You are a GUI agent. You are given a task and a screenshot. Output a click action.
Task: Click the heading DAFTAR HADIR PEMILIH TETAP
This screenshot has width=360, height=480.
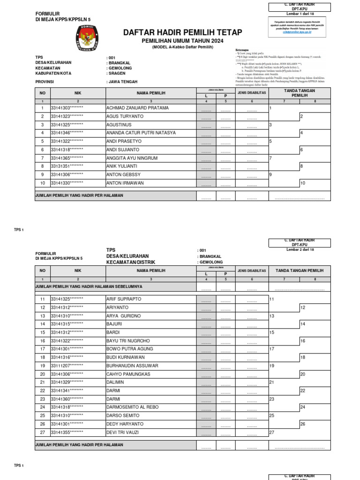(x=182, y=32)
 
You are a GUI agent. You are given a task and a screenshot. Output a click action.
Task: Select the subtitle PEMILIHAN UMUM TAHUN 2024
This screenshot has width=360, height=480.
(x=182, y=41)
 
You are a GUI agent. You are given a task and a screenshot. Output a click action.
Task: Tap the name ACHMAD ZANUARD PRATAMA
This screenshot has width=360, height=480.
(x=135, y=108)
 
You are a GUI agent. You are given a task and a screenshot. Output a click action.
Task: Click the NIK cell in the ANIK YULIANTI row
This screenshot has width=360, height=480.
(x=67, y=166)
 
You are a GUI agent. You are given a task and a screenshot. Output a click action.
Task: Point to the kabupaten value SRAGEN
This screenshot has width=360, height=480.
(x=116, y=74)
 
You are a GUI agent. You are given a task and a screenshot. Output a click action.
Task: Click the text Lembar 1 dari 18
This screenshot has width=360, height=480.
(x=300, y=14)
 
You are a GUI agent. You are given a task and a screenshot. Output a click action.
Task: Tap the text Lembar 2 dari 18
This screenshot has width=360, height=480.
(x=300, y=249)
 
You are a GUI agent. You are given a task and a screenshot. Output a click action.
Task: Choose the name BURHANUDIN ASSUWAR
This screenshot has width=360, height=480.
(x=132, y=366)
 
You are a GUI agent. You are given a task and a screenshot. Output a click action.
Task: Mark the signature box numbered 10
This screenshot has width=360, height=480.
(x=315, y=183)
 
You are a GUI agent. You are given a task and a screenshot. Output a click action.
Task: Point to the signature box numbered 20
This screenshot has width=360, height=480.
(x=315, y=374)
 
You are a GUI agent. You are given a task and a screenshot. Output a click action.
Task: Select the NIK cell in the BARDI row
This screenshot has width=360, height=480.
(x=67, y=332)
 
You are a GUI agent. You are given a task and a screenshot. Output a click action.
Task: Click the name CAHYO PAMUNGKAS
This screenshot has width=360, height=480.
(x=128, y=374)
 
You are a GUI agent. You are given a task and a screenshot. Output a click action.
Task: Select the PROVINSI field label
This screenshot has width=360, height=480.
(x=45, y=82)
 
